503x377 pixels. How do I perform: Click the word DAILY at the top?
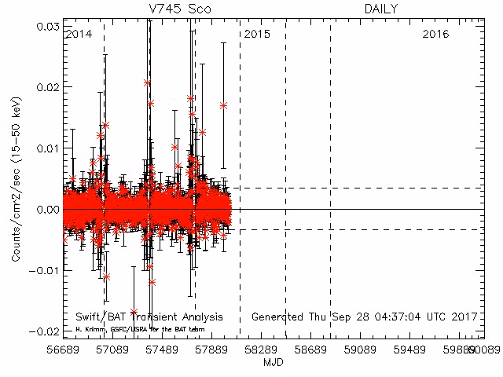[380, 9]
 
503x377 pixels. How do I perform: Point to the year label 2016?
[435, 35]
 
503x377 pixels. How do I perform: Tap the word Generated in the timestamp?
[277, 317]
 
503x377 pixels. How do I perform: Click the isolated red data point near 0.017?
[224, 105]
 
